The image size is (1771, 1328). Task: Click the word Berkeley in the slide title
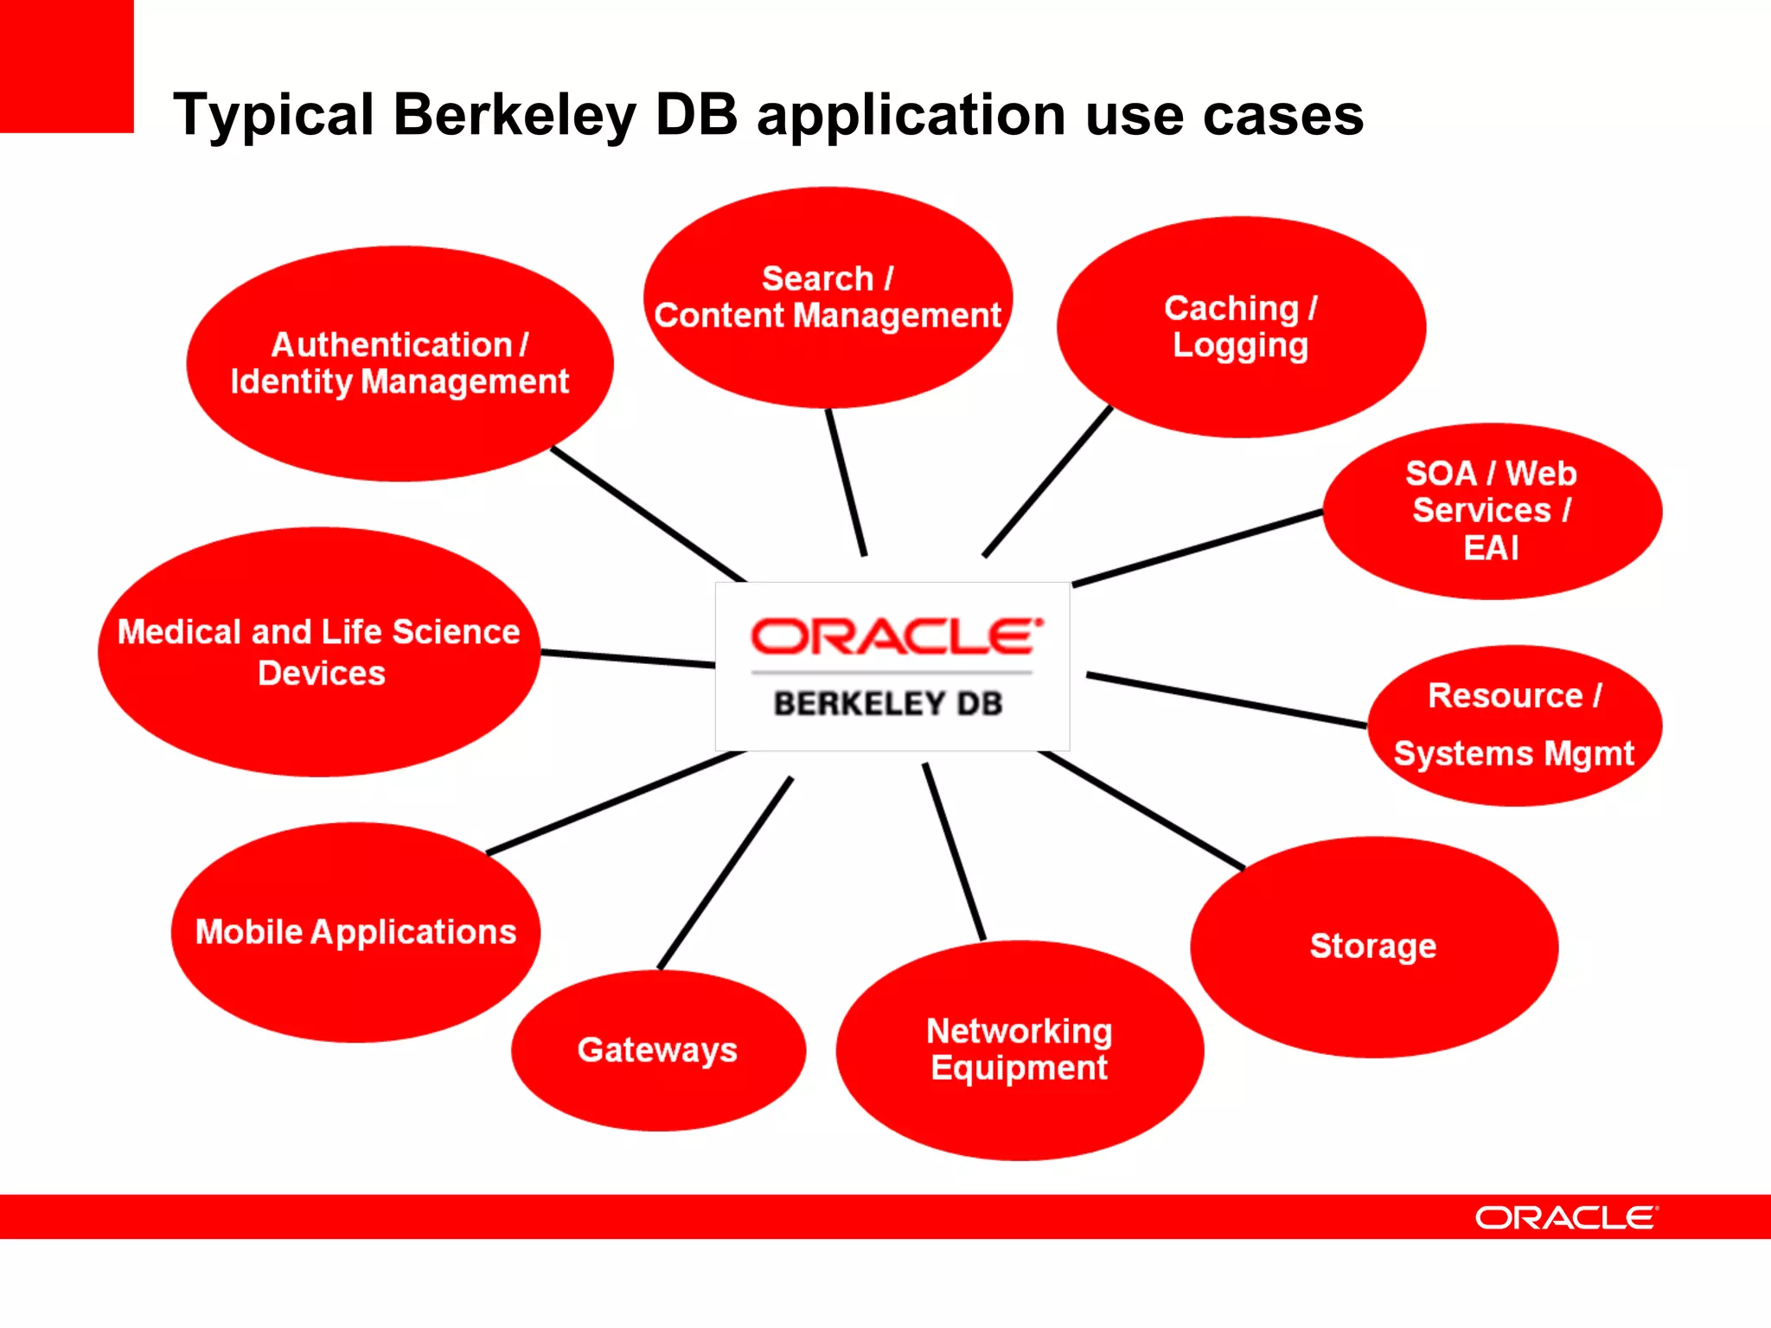click(x=515, y=115)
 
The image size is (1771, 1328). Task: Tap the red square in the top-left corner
click(x=66, y=66)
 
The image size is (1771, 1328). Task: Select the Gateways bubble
click(x=658, y=1050)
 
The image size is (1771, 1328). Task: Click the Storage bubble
click(x=1373, y=947)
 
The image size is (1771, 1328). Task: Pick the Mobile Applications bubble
click(x=355, y=932)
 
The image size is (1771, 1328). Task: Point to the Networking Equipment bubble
click(x=1020, y=1050)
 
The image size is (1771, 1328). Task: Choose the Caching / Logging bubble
click(x=1240, y=327)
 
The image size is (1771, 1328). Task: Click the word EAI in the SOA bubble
click(x=1491, y=548)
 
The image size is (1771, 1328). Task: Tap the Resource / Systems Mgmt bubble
click(x=1514, y=725)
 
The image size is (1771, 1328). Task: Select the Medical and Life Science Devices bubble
click(x=319, y=652)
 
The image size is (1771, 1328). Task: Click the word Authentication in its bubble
click(x=392, y=345)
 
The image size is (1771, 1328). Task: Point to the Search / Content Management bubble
click(x=828, y=297)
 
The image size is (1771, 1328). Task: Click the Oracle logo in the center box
click(x=896, y=637)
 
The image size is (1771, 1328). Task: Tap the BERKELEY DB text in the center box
click(x=888, y=704)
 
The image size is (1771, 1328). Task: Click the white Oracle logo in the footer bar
click(x=1566, y=1218)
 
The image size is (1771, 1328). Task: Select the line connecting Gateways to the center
click(x=725, y=873)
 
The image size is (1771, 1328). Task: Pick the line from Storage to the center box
click(x=1141, y=810)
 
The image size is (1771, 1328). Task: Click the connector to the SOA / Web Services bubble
click(x=1198, y=548)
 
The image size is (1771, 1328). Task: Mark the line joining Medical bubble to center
click(x=628, y=659)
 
